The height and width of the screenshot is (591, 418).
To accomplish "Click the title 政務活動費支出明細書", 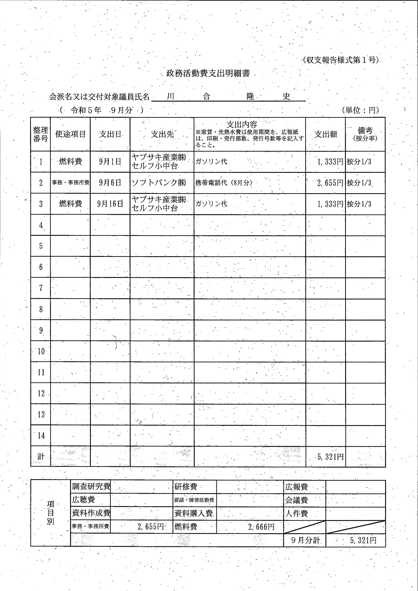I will tap(208, 74).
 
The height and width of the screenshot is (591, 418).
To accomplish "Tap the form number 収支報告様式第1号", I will tap(341, 60).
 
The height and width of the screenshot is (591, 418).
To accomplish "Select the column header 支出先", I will tap(162, 134).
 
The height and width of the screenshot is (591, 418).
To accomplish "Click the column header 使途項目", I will tap(70, 134).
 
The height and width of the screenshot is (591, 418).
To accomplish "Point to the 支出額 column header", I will tap(326, 134).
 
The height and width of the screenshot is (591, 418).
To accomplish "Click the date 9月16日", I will tap(110, 204).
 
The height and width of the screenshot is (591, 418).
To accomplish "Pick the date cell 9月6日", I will tap(110, 183).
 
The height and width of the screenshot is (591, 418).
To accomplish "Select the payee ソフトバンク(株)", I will tap(159, 183).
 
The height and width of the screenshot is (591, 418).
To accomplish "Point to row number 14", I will tap(41, 435).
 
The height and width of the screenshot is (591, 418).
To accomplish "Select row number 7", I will tap(41, 288).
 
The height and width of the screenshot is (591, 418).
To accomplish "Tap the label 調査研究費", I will tap(91, 487).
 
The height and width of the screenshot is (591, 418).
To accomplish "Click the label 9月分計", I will tap(305, 540).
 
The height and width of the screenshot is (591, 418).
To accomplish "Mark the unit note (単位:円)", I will tap(361, 111).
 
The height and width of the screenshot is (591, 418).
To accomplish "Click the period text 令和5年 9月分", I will tap(101, 111).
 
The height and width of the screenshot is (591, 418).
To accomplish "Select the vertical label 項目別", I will tap(51, 513).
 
